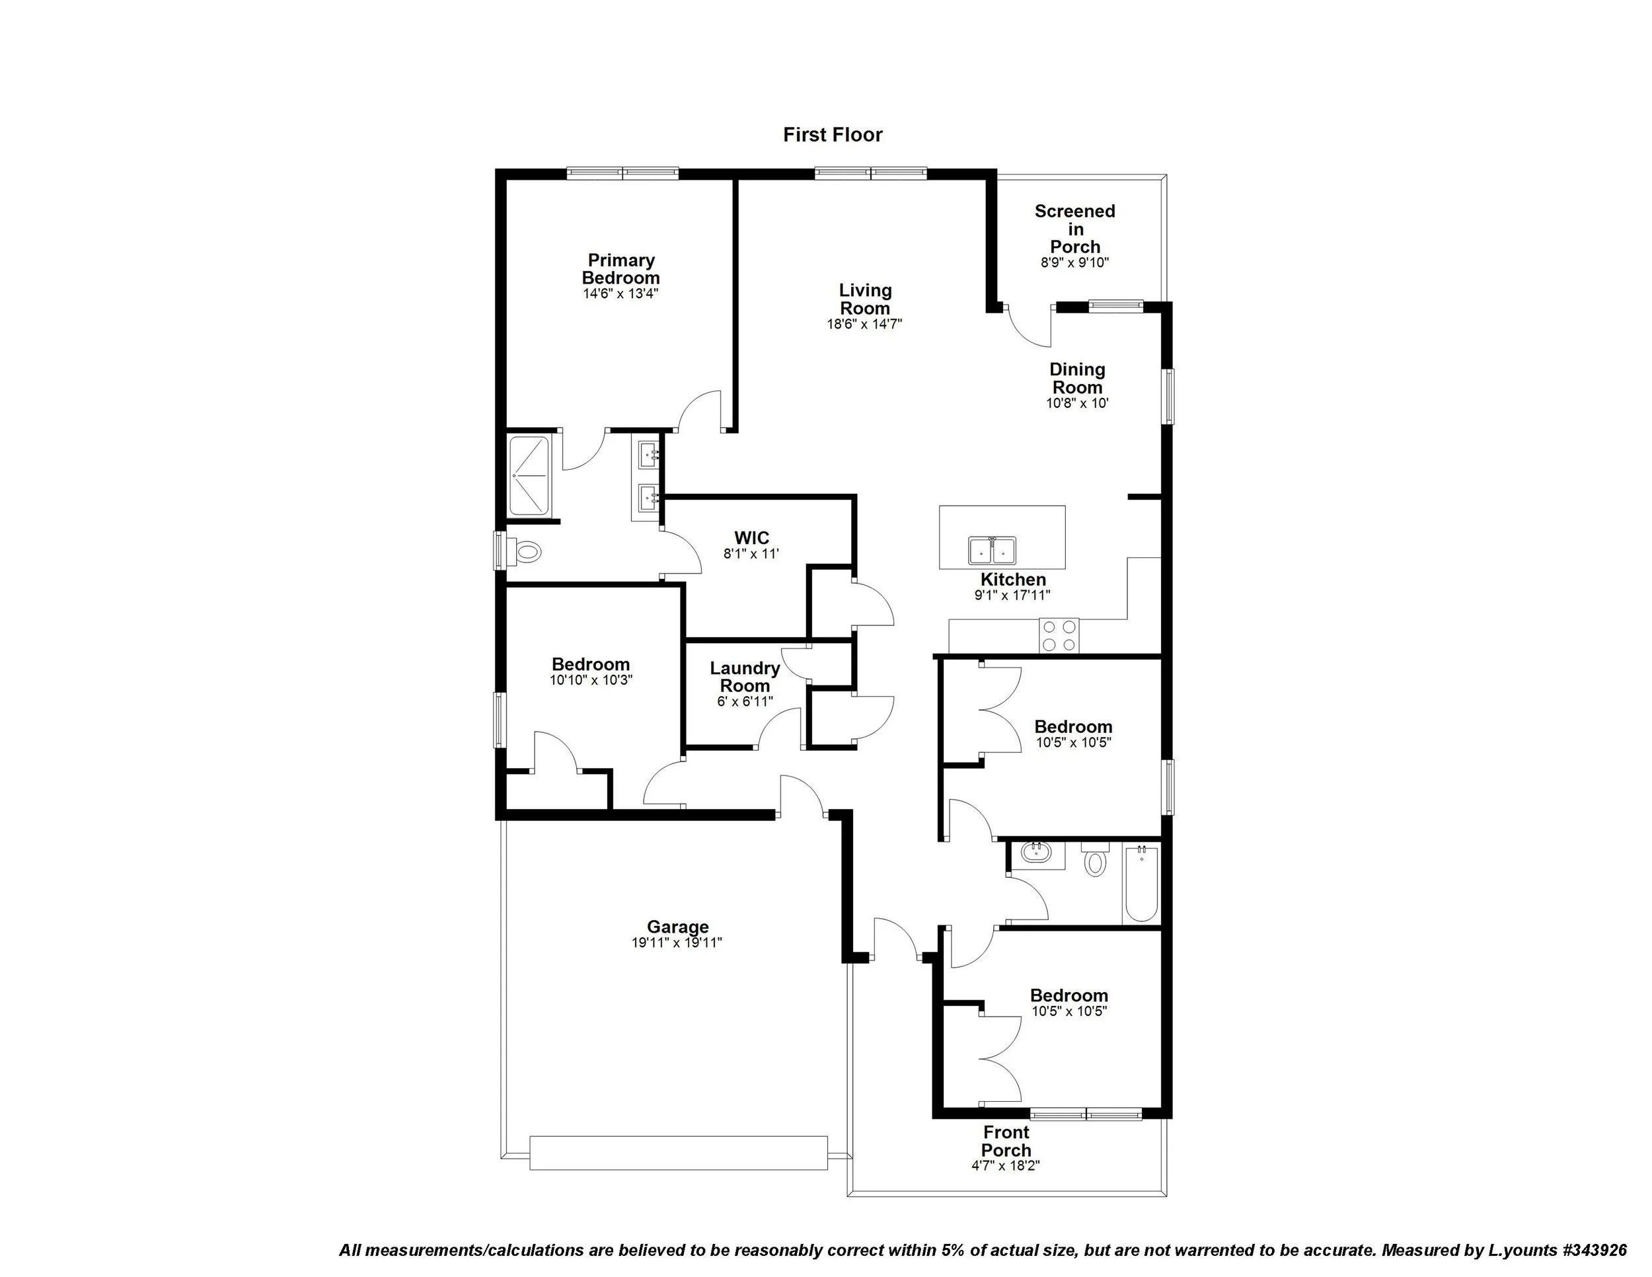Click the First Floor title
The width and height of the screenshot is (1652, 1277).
(832, 135)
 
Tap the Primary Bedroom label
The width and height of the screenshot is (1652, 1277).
(620, 268)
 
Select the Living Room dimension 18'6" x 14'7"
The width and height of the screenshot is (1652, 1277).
(864, 325)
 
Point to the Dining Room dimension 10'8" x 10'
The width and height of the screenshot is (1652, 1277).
(1077, 404)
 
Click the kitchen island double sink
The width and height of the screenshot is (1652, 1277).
(993, 550)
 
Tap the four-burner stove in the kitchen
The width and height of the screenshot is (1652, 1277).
(1059, 635)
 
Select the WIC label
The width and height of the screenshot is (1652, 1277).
(751, 538)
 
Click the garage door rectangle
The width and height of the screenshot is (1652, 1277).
(678, 1152)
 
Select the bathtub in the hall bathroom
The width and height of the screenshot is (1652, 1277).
(1141, 884)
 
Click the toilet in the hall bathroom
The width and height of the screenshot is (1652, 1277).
(1094, 860)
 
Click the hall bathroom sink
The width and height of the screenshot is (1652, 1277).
(1035, 853)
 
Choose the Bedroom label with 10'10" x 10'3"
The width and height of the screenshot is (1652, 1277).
(590, 664)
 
